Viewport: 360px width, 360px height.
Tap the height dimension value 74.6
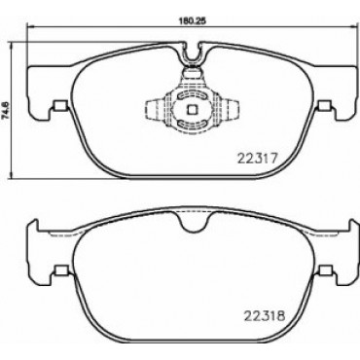(5, 109)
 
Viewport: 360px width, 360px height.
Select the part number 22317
(257, 159)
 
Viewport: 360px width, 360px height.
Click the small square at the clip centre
(192, 110)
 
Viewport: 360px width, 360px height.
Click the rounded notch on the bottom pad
(192, 222)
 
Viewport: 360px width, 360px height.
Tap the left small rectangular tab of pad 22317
(60, 106)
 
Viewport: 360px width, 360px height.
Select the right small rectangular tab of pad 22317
(325, 106)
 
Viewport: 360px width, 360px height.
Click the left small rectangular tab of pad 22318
(60, 270)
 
